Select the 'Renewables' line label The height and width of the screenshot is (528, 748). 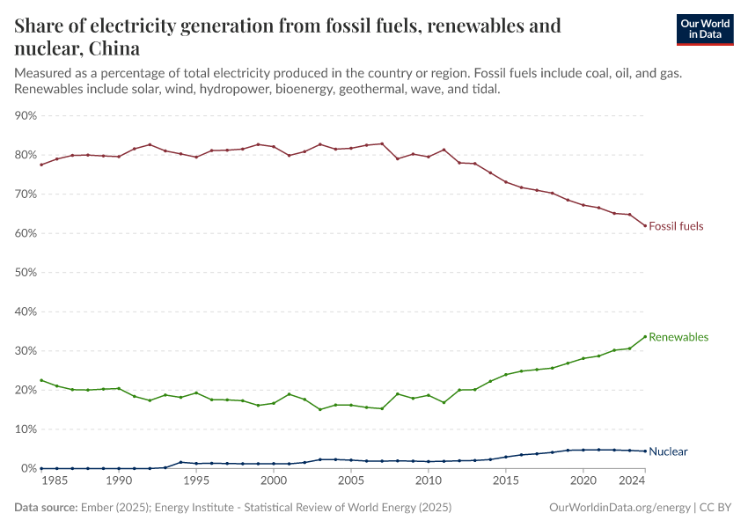point(678,337)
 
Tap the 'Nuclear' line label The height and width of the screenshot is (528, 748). point(668,451)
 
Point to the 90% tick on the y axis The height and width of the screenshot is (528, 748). point(26,115)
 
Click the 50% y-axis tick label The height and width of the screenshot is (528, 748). point(26,273)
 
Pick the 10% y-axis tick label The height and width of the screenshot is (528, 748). point(26,429)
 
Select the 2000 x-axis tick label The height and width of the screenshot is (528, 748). point(274,482)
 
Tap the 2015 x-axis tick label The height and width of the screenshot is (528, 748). point(505,482)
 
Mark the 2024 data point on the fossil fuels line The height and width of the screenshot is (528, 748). point(645,225)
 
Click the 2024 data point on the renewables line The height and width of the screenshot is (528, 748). point(645,336)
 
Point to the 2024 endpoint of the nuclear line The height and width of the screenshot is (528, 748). point(645,451)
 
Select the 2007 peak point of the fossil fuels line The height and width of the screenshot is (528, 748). point(382,143)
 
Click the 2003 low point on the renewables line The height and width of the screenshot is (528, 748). point(320,409)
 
